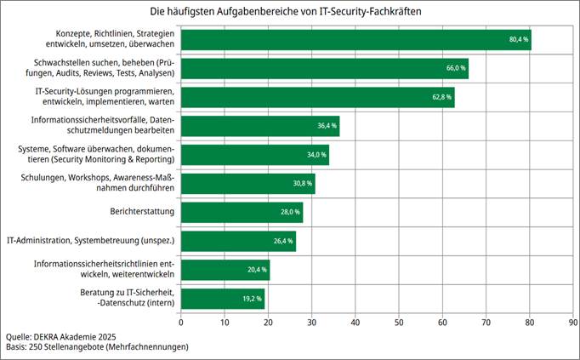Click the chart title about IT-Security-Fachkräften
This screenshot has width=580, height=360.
[x=290, y=12]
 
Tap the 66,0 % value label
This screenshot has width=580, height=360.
[x=457, y=68]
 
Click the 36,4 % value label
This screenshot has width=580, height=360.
[x=327, y=126]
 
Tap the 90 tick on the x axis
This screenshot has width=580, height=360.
[x=573, y=323]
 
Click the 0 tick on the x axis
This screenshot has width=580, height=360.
[x=181, y=323]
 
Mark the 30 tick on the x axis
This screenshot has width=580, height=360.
[x=312, y=323]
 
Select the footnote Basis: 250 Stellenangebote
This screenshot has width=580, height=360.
[x=96, y=347]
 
